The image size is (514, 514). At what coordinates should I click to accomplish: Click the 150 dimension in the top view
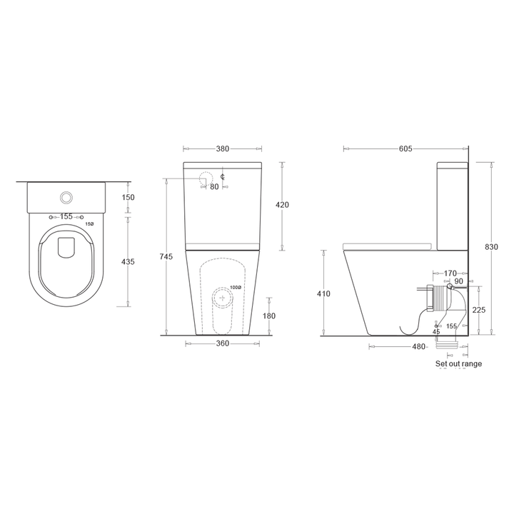(x=128, y=198)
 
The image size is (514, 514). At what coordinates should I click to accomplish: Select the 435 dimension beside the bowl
(x=128, y=262)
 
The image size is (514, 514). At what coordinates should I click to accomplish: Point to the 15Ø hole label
(x=89, y=224)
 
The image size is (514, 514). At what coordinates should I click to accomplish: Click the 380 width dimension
(x=222, y=149)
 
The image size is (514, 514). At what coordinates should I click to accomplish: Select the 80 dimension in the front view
(x=214, y=186)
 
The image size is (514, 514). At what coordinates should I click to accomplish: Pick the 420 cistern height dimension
(x=282, y=205)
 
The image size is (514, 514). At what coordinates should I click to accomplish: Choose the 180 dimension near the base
(x=269, y=316)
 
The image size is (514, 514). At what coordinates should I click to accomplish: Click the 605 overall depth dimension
(x=405, y=149)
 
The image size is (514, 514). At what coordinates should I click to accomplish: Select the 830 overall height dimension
(x=491, y=247)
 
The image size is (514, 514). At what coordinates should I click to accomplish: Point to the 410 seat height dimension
(x=323, y=293)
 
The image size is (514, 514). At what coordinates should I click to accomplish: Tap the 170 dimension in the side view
(x=450, y=273)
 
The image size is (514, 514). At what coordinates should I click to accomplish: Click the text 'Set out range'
(x=458, y=364)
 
